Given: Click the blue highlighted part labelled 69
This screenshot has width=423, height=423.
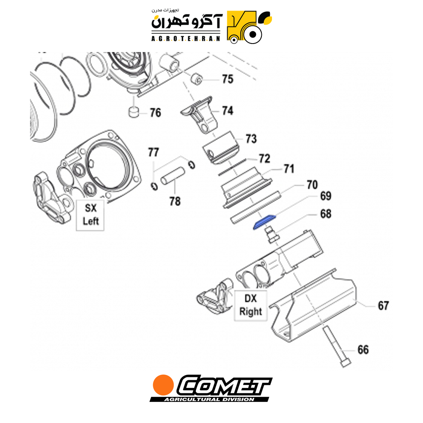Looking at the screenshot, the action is (264, 222).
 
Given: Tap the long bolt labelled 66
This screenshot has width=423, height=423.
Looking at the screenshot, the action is (336, 346).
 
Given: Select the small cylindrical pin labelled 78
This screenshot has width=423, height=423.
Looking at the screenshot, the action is (173, 176).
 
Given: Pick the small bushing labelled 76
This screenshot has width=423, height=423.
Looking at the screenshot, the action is (133, 112).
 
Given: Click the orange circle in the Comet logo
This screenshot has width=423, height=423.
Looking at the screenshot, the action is (163, 385).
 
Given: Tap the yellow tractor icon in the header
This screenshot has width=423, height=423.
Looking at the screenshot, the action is (250, 27).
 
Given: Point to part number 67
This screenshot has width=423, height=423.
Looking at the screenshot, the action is (383, 306).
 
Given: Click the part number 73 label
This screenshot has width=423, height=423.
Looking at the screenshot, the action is (251, 139).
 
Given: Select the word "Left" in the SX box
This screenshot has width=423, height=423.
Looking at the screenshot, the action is (91, 221).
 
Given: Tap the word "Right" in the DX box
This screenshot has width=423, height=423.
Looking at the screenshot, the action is (250, 311).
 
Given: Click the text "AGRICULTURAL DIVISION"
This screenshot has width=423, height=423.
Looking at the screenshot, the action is (209, 399).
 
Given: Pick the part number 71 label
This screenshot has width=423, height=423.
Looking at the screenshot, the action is (289, 169).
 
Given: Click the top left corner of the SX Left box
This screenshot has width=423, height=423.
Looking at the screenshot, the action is (76, 200).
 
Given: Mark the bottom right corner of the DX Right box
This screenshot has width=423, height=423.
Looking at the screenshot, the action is (267, 321).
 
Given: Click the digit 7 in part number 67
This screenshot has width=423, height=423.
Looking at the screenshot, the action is (386, 306).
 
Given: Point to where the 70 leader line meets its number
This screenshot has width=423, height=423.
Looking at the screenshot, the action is (304, 185).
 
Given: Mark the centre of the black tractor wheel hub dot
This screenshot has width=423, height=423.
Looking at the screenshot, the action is (253, 35).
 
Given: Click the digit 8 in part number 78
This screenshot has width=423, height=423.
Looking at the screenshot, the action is (178, 201).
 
